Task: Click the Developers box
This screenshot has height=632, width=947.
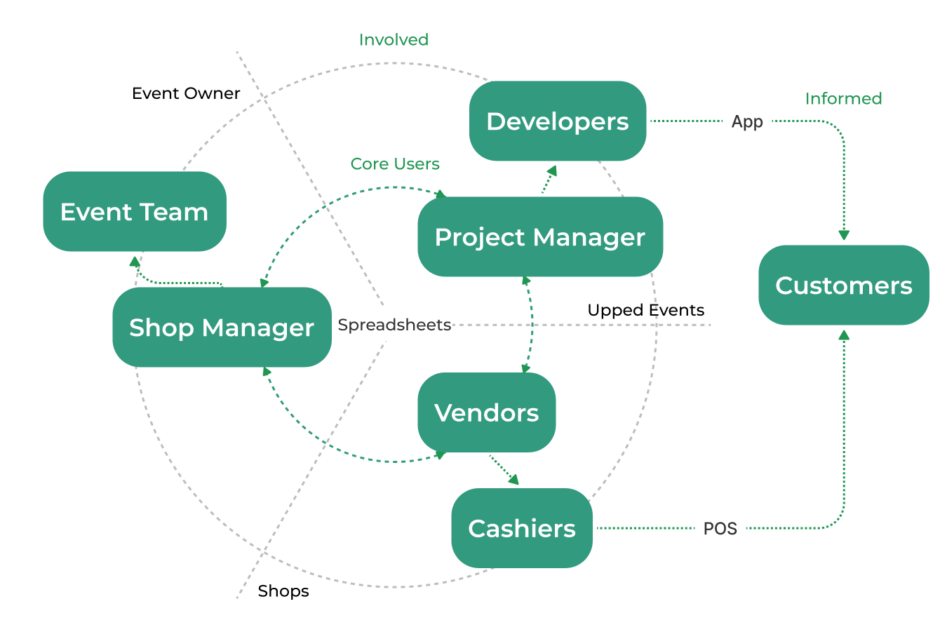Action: pos(558,121)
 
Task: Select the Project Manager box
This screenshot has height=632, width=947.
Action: pos(539,237)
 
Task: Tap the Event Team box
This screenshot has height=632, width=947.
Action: pos(135,212)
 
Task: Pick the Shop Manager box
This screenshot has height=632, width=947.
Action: pos(222,328)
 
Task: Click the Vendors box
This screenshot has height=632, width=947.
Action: pos(487,412)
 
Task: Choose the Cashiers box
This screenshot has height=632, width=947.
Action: pos(522,528)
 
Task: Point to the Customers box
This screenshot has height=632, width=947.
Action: pos(844,285)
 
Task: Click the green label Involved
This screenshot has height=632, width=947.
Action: pos(394,40)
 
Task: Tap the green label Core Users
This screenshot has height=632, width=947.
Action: pos(395,164)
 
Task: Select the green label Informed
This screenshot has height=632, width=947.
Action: pos(843,99)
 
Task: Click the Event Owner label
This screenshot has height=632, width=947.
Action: pos(186,93)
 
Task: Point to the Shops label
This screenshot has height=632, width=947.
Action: pos(283,591)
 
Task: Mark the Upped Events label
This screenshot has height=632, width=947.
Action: pos(645,310)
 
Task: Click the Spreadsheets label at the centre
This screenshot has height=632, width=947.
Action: pos(394,325)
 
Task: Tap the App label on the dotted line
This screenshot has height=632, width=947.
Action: pos(747,121)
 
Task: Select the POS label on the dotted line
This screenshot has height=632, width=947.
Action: pos(720,528)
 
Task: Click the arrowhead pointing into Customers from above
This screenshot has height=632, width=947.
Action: pos(844,236)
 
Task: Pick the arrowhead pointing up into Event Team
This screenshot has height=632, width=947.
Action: pos(135,262)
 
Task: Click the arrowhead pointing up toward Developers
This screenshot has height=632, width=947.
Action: pos(552,170)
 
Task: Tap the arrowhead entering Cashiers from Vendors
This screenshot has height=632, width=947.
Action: pos(514,480)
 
